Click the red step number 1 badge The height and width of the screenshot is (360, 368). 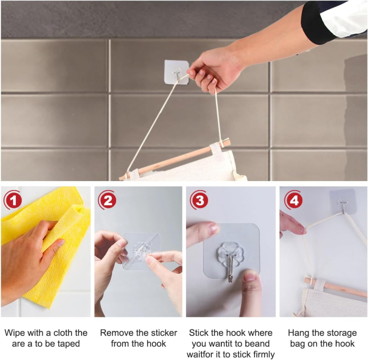13,200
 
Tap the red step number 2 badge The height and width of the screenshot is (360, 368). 107,200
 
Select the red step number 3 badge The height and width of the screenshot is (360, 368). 199,200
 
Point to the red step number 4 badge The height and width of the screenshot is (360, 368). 293,200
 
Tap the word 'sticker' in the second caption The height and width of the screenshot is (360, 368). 163,333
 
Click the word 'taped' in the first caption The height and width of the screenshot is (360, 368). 68,344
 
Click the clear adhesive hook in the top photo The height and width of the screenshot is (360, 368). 177,72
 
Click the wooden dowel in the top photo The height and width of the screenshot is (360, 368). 175,160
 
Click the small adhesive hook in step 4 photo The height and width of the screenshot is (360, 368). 343,202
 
